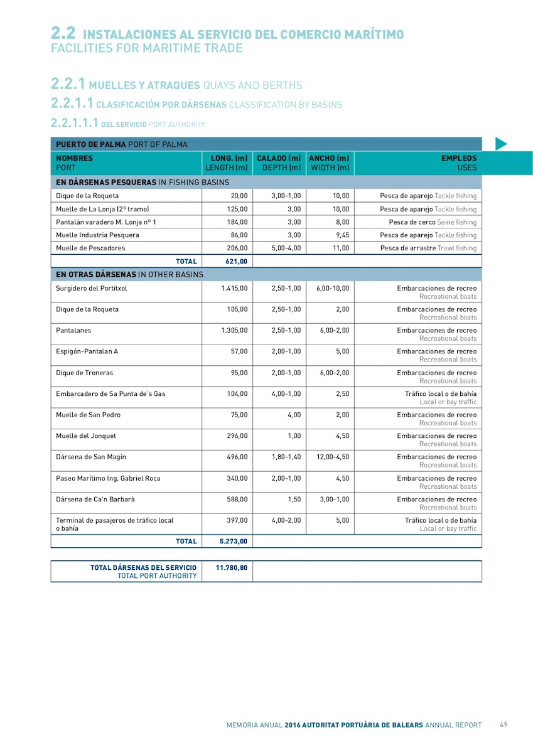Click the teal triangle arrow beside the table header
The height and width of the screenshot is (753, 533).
500,144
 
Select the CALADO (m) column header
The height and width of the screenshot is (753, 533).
279,163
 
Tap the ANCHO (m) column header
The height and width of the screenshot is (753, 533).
329,163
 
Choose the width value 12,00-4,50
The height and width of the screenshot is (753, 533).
333,457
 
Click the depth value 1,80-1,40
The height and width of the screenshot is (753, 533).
286,457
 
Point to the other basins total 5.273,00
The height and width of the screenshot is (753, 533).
234,541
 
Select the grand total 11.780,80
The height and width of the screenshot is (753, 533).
231,567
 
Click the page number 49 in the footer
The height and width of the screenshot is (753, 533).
503,725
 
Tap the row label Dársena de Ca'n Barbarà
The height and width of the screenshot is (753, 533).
95,499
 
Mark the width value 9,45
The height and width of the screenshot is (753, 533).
340,235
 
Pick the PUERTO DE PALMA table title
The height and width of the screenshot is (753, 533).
122,144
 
